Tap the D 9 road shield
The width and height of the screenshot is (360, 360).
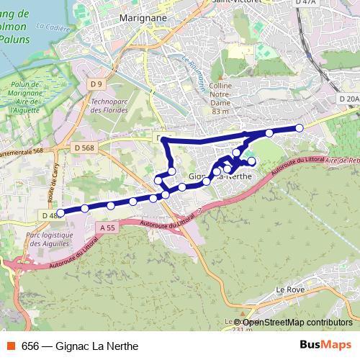pyautogui.click(x=96, y=85)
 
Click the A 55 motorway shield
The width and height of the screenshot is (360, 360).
pyautogui.click(x=107, y=228)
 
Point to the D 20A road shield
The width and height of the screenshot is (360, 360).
pyautogui.click(x=348, y=99)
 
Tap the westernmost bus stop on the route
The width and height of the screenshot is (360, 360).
pyautogui.click(x=60, y=212)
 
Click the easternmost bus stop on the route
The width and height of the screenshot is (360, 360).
pyautogui.click(x=300, y=128)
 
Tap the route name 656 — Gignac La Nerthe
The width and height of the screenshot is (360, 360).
pyautogui.click(x=80, y=346)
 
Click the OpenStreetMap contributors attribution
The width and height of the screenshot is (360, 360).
pyautogui.click(x=297, y=323)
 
